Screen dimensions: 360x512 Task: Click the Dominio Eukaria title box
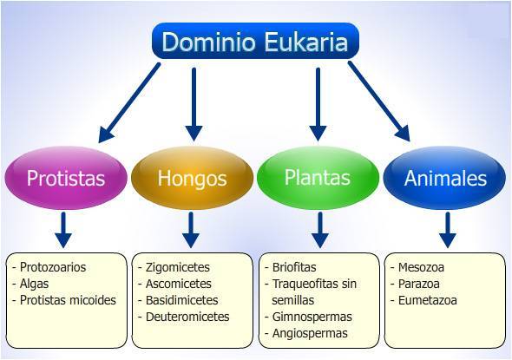(x=254, y=42)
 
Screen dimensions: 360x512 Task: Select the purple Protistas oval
(x=66, y=179)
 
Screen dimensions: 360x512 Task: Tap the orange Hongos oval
(x=192, y=179)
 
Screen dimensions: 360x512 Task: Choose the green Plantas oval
(x=317, y=178)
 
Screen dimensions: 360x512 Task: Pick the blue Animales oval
(x=446, y=179)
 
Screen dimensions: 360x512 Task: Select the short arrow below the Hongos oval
(x=192, y=229)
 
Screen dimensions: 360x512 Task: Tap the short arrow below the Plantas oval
(x=319, y=229)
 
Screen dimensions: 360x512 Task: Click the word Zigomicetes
(x=179, y=267)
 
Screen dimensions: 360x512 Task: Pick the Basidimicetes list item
(x=183, y=300)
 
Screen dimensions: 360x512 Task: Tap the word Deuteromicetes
(x=187, y=317)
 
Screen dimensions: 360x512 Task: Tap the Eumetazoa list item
(x=428, y=300)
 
